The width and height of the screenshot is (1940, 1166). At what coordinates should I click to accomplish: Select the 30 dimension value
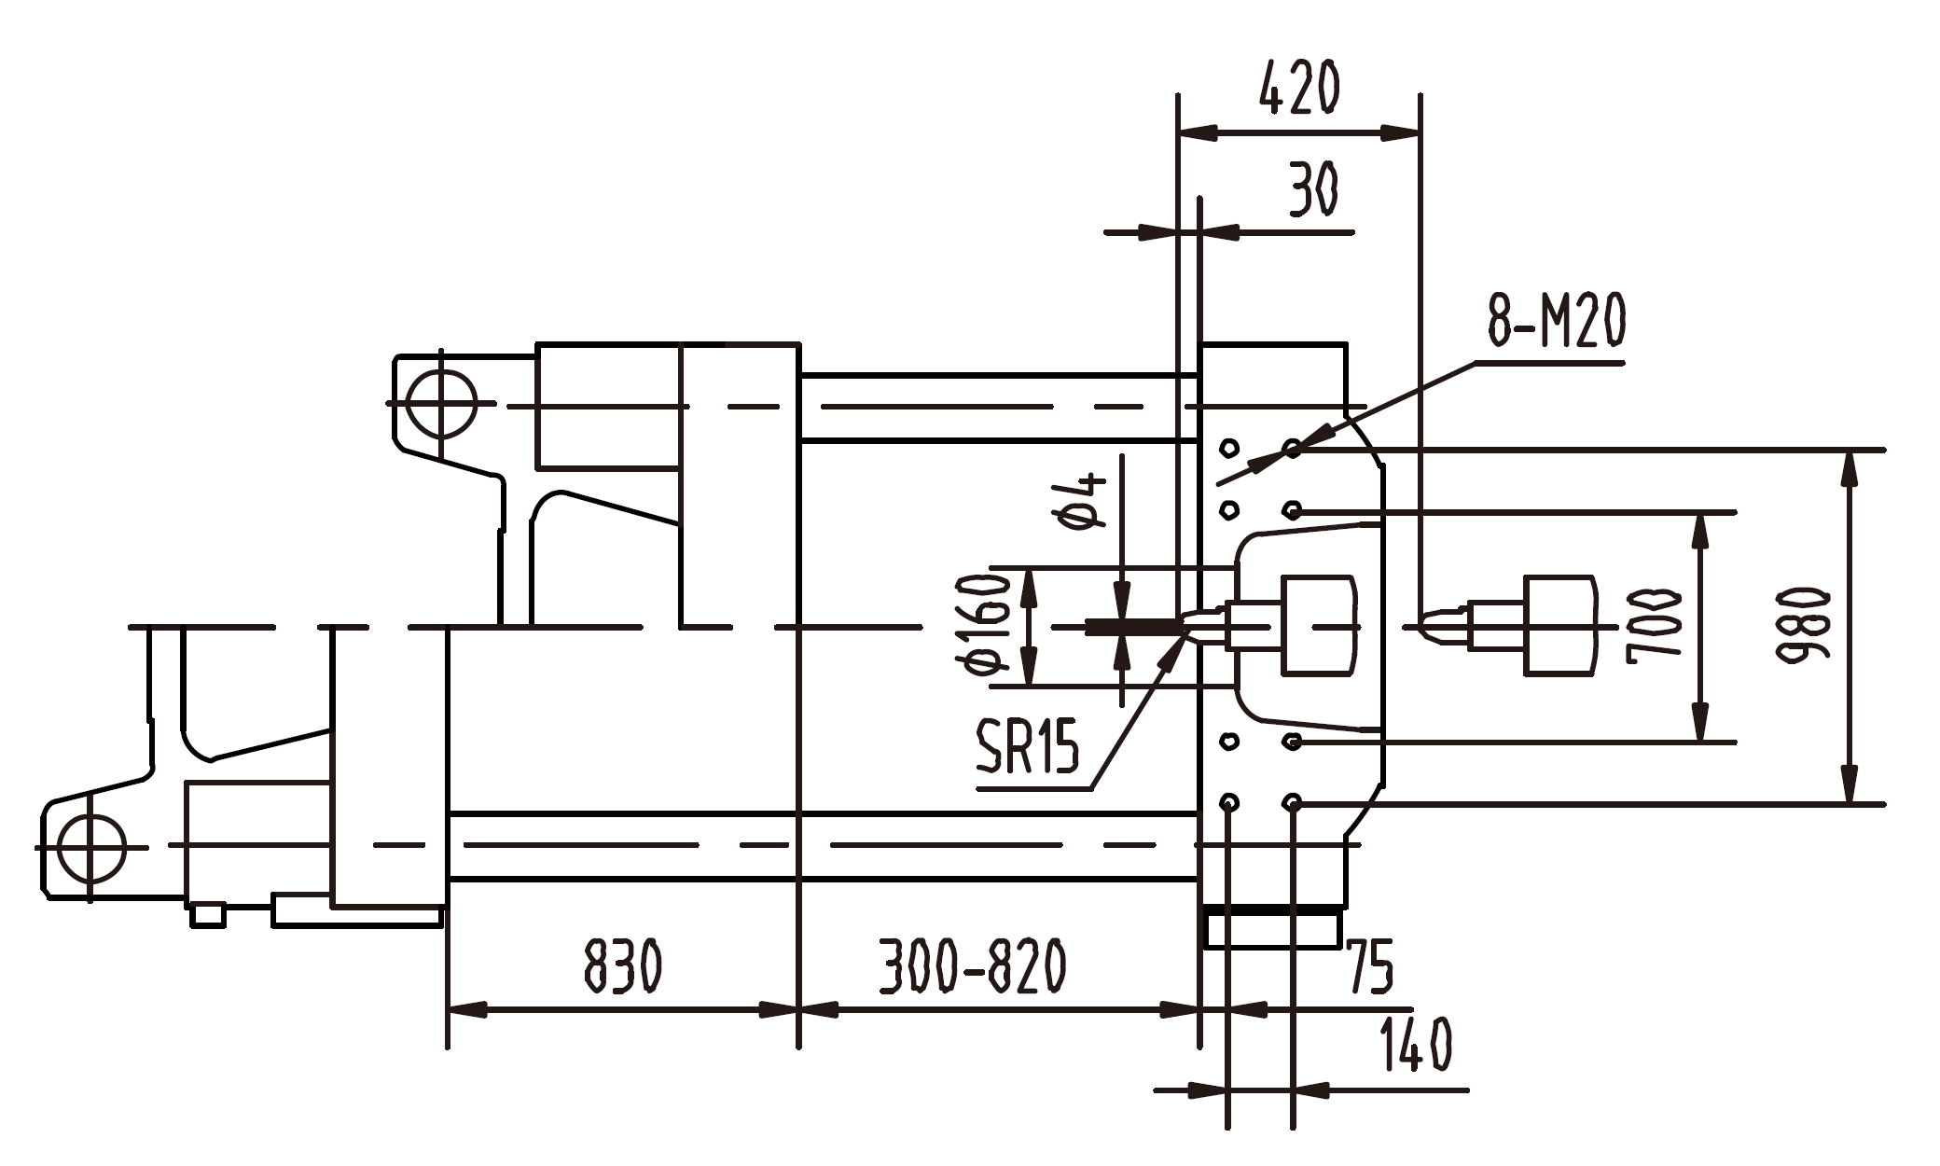(1313, 189)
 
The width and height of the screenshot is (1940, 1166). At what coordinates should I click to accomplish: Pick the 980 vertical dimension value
(1802, 626)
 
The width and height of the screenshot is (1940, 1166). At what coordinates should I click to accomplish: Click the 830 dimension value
(623, 967)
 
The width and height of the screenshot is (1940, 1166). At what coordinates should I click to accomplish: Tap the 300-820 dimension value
(972, 967)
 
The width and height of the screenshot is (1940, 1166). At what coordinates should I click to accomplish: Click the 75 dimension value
(1369, 968)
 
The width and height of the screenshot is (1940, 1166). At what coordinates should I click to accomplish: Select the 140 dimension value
(1415, 1045)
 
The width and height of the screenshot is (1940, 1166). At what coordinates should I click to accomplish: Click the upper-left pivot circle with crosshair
(442, 405)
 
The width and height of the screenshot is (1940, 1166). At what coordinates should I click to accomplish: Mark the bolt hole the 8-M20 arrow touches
(1293, 450)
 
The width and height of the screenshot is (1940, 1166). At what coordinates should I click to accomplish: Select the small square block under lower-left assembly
(208, 914)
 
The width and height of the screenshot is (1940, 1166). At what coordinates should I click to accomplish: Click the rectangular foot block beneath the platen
(1272, 930)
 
